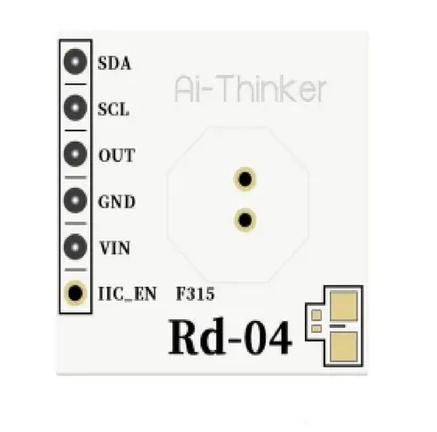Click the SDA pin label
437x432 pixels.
[x=114, y=63]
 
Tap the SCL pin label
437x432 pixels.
[x=114, y=109]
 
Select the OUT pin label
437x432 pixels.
[x=117, y=156]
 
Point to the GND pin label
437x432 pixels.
[x=117, y=201]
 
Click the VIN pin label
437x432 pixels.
[x=114, y=247]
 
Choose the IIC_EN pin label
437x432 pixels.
[x=128, y=294]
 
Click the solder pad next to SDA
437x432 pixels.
[x=75, y=62]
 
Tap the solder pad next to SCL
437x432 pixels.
[x=75, y=108]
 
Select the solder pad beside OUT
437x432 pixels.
[x=75, y=154]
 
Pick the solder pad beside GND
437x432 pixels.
[x=75, y=200]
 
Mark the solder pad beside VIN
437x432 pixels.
[x=75, y=247]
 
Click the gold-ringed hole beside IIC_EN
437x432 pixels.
[x=75, y=293]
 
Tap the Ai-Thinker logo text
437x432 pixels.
[x=250, y=88]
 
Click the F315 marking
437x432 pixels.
[x=196, y=294]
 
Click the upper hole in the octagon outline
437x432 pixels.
[x=245, y=178]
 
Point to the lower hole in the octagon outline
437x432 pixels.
[x=245, y=219]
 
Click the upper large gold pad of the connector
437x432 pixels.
[x=343, y=306]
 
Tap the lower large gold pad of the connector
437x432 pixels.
[x=343, y=346]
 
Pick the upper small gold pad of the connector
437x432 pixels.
[x=316, y=315]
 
